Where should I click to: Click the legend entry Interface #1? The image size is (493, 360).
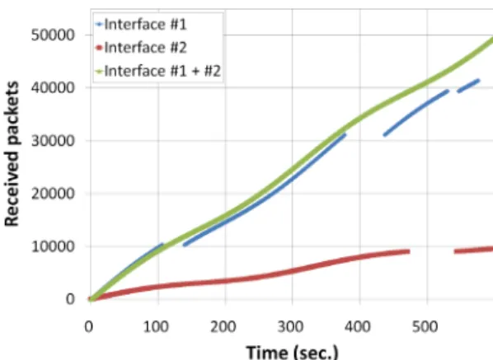[x=141, y=24]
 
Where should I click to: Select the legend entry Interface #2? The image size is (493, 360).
[x=141, y=48]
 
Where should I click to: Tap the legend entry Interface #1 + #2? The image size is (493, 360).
[x=158, y=71]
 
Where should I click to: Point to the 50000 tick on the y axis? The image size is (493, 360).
[x=53, y=35]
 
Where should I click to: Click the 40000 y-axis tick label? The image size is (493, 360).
[x=53, y=87]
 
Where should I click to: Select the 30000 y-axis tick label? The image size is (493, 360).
[x=53, y=140]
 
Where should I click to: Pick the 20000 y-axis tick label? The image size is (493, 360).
[x=53, y=194]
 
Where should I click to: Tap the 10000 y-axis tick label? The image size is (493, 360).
[x=53, y=246]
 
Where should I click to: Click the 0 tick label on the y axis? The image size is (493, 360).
[x=70, y=299]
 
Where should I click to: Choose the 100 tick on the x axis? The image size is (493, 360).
[x=156, y=327]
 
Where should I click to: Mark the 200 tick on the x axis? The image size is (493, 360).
[x=223, y=327]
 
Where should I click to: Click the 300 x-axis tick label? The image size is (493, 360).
[x=290, y=327]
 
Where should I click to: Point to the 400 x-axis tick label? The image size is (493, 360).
[x=358, y=327]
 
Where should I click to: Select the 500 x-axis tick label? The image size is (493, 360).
[x=425, y=327]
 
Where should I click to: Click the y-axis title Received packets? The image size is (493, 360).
[x=12, y=153]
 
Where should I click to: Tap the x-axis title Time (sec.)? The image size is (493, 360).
[x=292, y=352]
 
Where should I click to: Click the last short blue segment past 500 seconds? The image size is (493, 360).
[x=468, y=86]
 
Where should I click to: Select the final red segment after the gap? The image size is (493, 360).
[x=473, y=250]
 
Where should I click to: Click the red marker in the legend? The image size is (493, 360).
[x=100, y=48]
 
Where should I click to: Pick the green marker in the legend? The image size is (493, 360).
[x=100, y=72]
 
